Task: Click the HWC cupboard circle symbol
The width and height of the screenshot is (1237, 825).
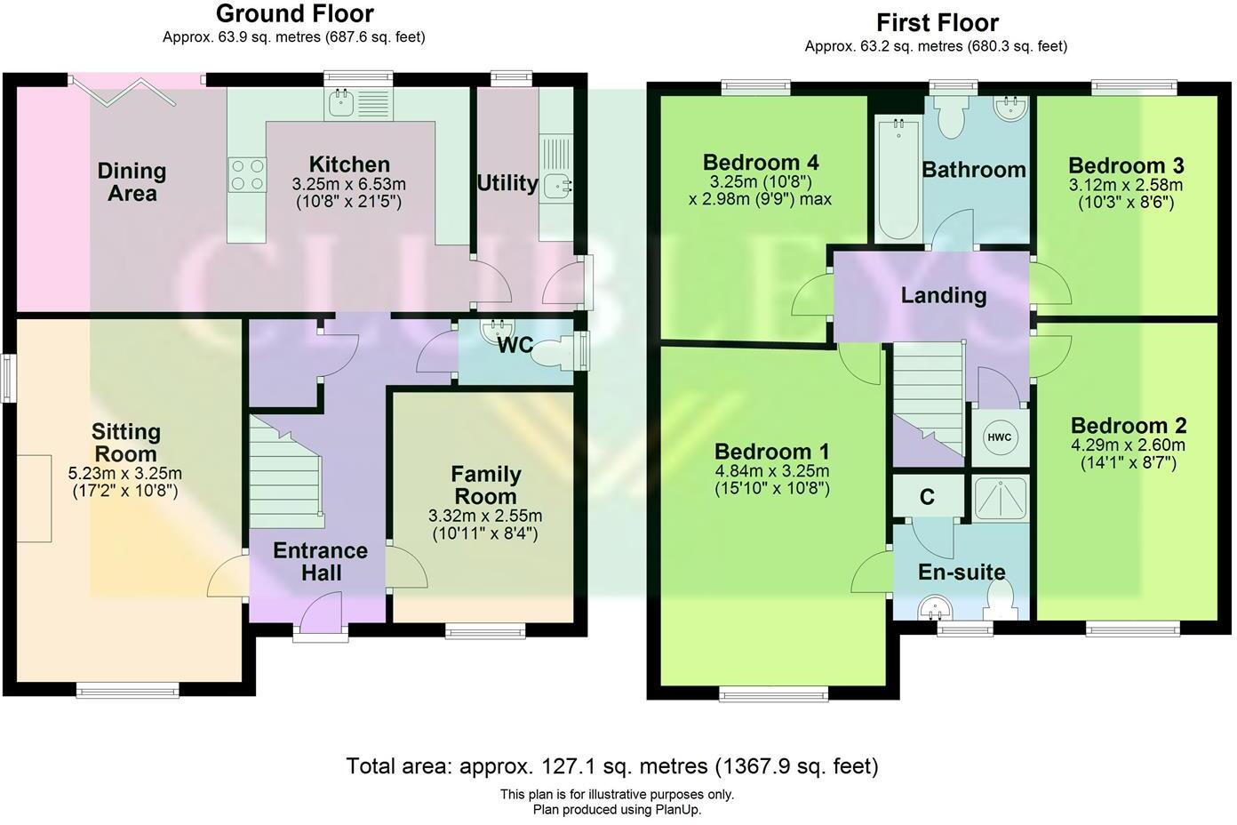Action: coord(1000,437)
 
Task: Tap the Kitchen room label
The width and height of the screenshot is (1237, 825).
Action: coord(349,164)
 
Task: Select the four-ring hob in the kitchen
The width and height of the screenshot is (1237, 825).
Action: coord(248,173)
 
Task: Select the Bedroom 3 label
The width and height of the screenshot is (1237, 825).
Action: coord(1125,166)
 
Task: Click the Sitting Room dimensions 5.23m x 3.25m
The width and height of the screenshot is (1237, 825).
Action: coord(124,473)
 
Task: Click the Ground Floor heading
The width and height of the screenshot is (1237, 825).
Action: coord(294,14)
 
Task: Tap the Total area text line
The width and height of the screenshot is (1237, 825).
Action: coord(611,765)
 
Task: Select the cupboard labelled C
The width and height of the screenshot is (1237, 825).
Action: coord(927,497)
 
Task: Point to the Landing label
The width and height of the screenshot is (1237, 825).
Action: coord(943,295)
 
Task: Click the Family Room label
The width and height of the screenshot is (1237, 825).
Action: coord(485,485)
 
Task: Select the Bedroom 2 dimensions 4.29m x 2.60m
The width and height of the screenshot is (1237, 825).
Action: coord(1128,445)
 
